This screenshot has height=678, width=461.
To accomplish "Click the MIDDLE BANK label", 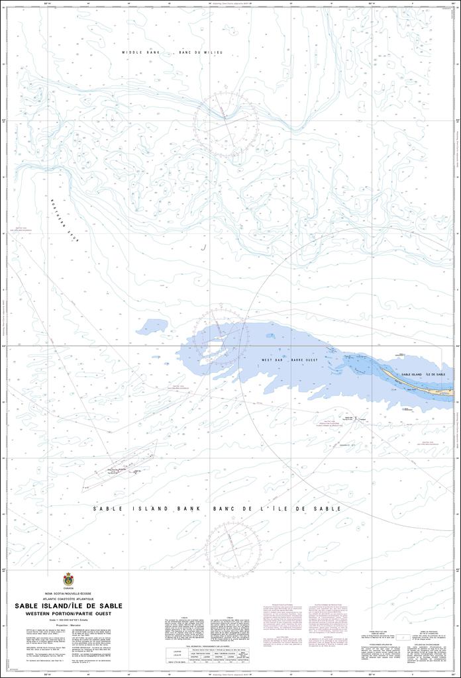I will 137,52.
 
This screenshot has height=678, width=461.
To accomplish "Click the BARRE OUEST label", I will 305,360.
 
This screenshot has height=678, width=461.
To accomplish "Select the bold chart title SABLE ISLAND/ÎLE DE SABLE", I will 68,606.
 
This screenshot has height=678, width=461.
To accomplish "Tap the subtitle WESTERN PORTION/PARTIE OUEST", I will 68,614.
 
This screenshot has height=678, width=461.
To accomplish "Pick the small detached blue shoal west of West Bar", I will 152,326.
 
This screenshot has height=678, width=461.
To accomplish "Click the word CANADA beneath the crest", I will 68,588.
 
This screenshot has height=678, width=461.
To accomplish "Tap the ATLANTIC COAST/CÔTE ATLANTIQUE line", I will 68,599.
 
